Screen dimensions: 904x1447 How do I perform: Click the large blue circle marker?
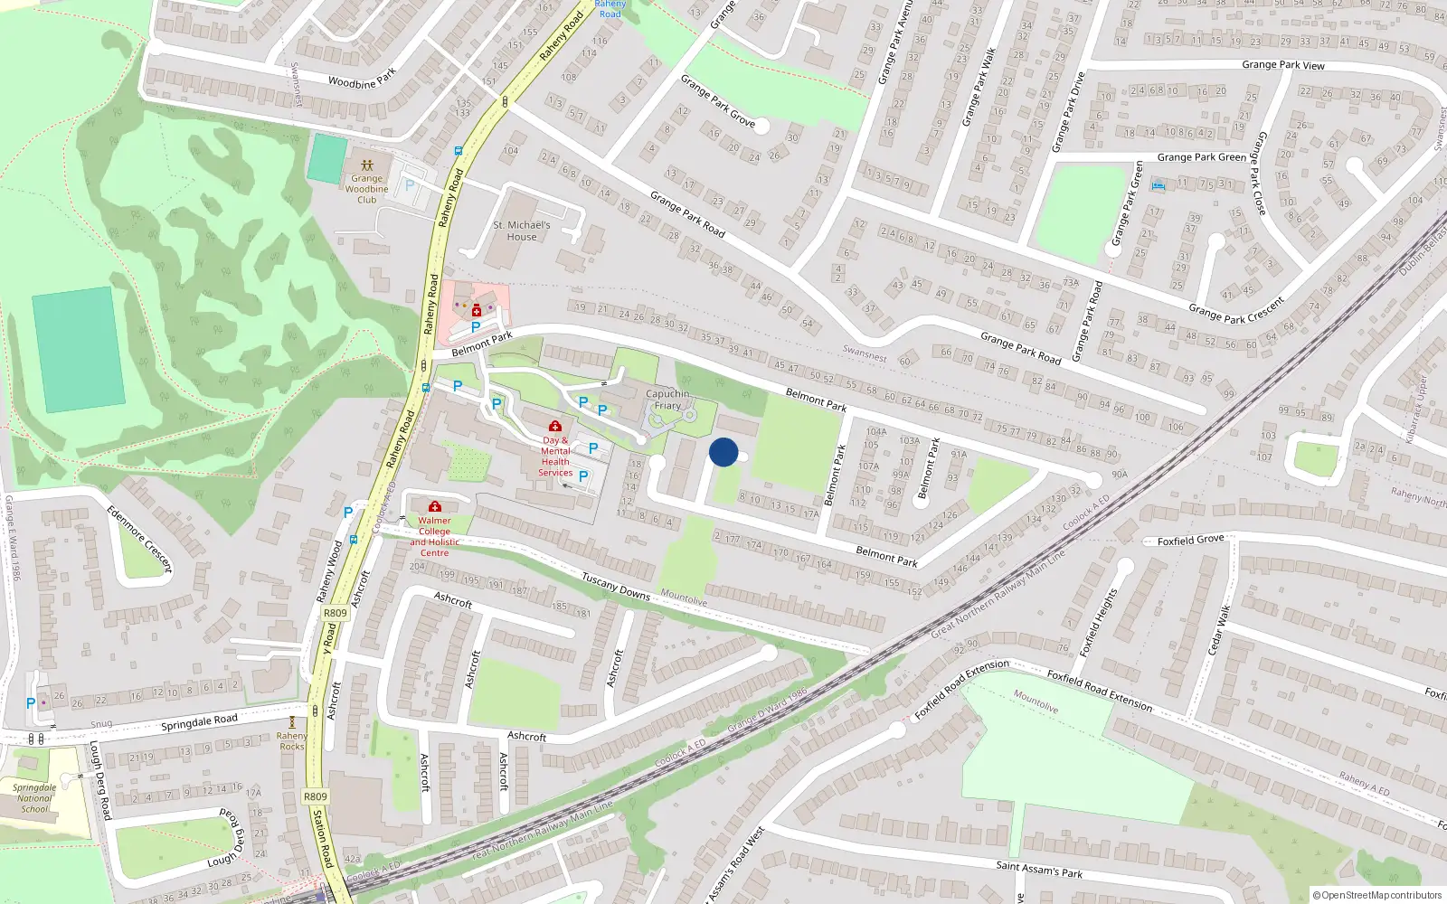pos(723,452)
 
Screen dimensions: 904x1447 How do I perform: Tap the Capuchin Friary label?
pos(667,400)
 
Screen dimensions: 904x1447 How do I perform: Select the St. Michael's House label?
pos(522,231)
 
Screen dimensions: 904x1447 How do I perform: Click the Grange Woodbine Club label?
pos(366,189)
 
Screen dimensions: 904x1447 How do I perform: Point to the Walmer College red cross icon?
pos(435,506)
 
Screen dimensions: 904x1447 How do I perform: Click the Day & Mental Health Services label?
pos(555,457)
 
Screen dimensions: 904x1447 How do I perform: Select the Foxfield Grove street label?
pos(1191,540)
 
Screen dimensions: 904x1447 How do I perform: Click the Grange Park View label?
pos(1283,64)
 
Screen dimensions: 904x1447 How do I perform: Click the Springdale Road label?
pos(199,721)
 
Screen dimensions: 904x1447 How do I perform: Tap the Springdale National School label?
pos(34,798)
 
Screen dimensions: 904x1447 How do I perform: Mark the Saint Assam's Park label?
pos(1039,870)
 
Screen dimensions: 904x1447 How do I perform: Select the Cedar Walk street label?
pos(1218,630)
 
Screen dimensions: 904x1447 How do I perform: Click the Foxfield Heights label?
pos(1098,622)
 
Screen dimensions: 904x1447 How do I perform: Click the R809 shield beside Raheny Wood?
pos(335,613)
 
